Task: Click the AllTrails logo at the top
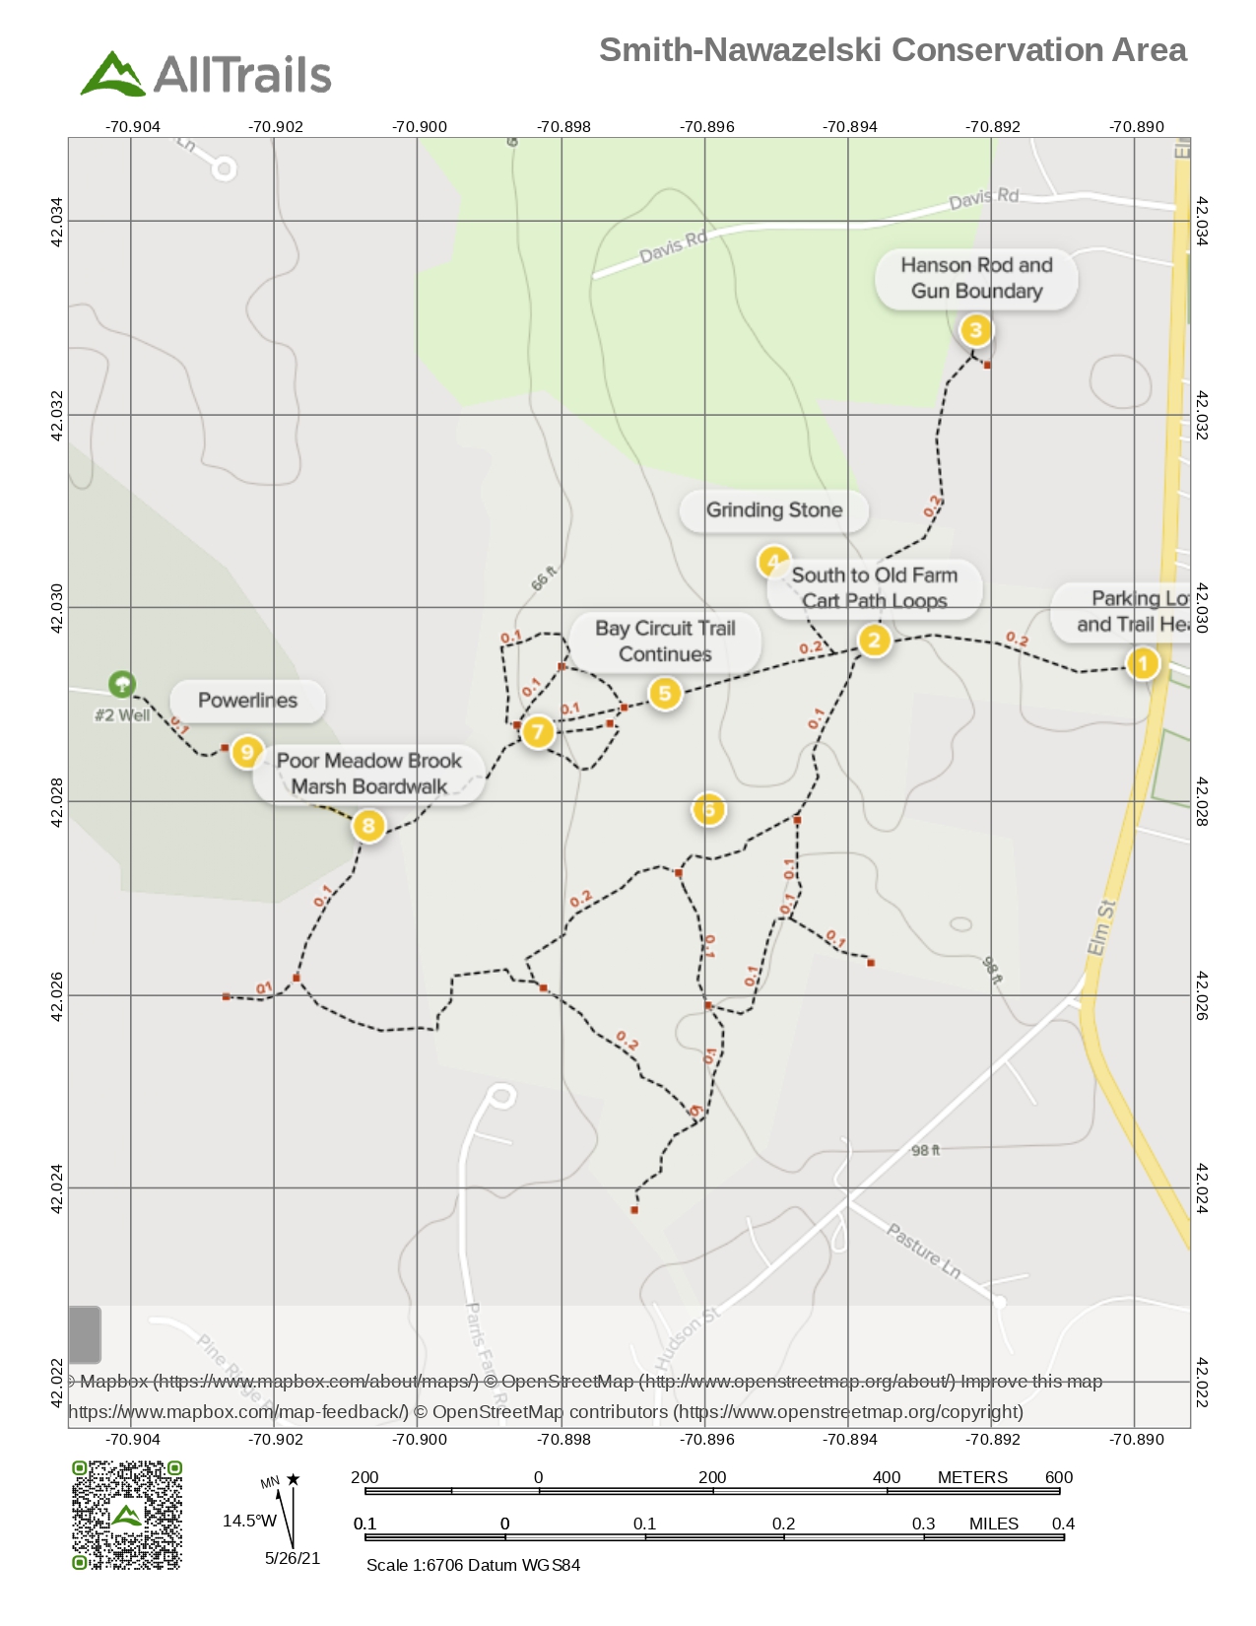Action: tap(206, 74)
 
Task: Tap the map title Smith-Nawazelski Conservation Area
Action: tap(892, 50)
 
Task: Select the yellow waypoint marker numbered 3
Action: tap(975, 330)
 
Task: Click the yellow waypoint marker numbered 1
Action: tap(1143, 663)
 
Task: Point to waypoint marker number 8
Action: tap(368, 825)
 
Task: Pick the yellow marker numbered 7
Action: tap(537, 731)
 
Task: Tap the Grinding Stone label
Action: tap(774, 510)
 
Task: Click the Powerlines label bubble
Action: tap(247, 701)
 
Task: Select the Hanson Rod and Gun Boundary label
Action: tap(976, 278)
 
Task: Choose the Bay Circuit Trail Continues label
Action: tap(665, 642)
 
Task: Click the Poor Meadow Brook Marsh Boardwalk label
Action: tap(369, 774)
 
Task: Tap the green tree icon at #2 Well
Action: tap(121, 683)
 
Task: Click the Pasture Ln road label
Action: tap(923, 1251)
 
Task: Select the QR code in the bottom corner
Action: tap(127, 1515)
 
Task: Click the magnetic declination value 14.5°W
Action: tap(249, 1521)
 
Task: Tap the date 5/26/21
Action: tap(293, 1558)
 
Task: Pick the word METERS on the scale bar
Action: tap(972, 1477)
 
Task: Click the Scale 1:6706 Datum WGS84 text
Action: tap(473, 1565)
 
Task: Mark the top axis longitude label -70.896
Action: tap(706, 127)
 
